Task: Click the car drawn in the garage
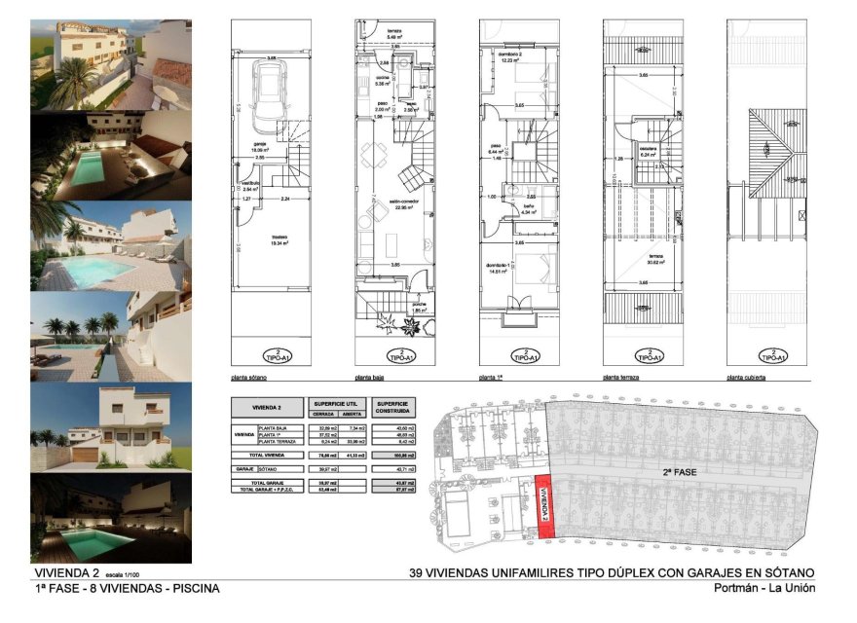click(x=267, y=95)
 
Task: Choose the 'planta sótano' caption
click(x=250, y=376)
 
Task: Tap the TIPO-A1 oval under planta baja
click(x=400, y=355)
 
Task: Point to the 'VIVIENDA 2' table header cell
click(x=267, y=407)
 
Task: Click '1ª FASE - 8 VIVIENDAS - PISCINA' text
click(x=127, y=588)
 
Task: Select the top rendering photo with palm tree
click(x=111, y=65)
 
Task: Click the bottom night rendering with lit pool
click(x=111, y=518)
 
